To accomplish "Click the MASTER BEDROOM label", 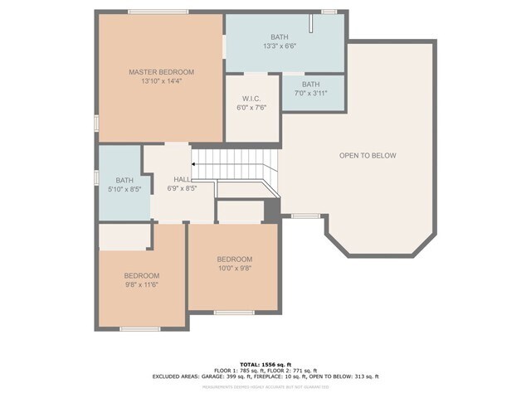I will [161, 72].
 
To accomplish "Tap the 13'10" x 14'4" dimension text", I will [161, 81].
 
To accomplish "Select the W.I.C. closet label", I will [252, 99].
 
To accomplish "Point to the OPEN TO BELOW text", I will [368, 156].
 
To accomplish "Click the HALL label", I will [183, 179].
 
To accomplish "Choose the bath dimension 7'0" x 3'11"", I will [310, 95].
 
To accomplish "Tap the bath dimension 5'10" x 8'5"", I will [124, 189].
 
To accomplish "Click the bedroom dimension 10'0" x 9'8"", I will [234, 269].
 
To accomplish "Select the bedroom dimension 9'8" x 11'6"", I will [141, 284].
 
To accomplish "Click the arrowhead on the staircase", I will [194, 164].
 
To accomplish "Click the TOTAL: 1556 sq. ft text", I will [265, 364].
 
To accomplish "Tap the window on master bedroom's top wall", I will [152, 12].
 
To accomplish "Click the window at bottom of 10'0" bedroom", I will [234, 312].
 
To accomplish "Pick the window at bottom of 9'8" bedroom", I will [140, 329].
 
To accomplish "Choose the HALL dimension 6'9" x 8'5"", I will [183, 188].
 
